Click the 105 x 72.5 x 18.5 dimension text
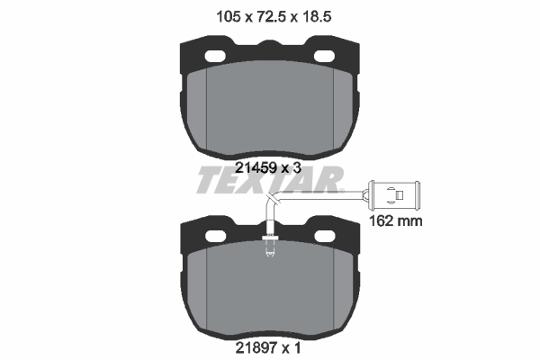[274, 16]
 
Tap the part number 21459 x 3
[268, 168]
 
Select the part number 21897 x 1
[268, 348]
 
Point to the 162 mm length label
[395, 220]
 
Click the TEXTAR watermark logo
[270, 180]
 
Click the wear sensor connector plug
[393, 195]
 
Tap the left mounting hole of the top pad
[215, 56]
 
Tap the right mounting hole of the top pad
[324, 56]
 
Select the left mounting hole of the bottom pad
[216, 236]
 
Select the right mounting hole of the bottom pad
[325, 236]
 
